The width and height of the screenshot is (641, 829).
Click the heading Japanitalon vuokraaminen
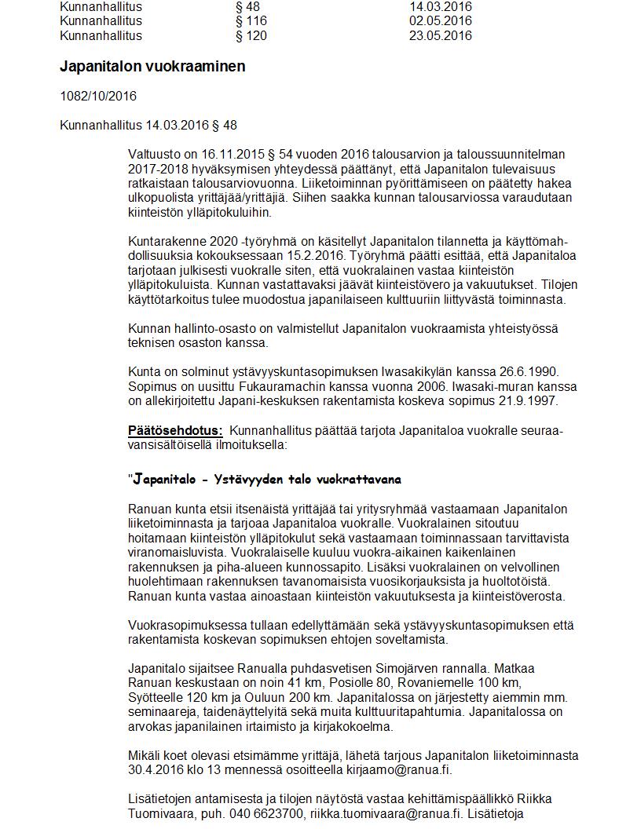152,67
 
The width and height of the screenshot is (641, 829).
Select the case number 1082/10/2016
98,96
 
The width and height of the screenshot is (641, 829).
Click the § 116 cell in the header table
251,21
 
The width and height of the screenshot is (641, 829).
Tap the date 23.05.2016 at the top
440,36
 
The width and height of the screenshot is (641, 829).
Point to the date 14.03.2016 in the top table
440,7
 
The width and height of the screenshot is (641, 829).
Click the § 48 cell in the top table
247,7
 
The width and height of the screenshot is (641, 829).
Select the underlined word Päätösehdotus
175,430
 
